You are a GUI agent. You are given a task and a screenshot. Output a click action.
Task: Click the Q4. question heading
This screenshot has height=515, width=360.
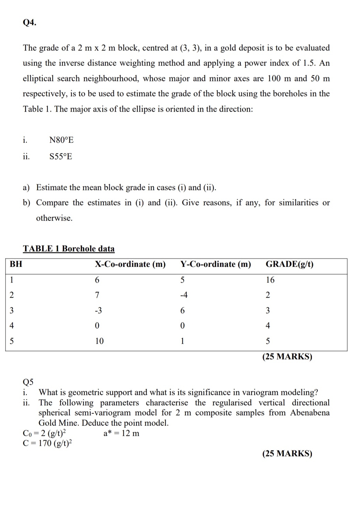[30, 23]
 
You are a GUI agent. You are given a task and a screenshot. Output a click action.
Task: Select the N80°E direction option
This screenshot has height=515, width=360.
[62, 140]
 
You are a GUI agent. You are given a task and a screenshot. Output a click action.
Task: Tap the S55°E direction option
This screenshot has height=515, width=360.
[61, 157]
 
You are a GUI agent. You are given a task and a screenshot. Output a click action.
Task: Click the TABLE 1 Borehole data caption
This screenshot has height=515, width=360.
[69, 249]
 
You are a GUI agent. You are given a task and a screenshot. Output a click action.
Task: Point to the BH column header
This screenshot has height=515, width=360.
[16, 264]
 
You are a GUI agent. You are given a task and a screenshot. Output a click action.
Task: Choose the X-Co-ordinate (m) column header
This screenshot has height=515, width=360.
[130, 264]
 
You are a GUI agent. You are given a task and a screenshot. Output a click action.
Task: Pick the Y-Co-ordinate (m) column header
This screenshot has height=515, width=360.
[216, 264]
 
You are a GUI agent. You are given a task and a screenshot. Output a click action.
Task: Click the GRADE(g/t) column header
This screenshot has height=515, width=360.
[290, 264]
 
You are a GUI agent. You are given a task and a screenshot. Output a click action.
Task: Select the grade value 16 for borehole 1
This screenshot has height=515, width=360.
[270, 280]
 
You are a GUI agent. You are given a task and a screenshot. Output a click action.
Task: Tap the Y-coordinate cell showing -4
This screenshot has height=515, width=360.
[184, 295]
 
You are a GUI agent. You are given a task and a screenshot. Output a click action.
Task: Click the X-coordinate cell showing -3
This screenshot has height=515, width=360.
[98, 310]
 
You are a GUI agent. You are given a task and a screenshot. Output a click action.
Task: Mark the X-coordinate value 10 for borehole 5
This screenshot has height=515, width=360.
[99, 341]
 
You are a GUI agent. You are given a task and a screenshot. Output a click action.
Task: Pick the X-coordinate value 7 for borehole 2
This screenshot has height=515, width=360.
[97, 295]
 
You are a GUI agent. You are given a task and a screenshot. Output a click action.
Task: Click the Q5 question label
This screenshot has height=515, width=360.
[28, 382]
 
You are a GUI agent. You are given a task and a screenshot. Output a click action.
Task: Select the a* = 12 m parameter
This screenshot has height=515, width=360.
[121, 433]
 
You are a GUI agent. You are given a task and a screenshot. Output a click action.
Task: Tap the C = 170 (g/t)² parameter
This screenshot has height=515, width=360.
[47, 443]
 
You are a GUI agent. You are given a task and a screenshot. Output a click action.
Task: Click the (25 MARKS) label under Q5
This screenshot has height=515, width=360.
[287, 453]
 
